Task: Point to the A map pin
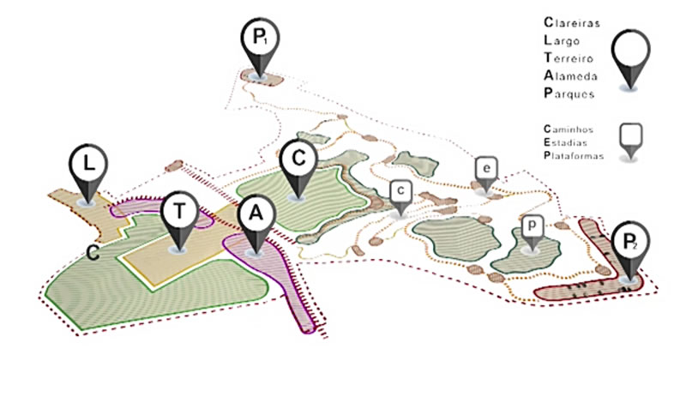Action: pos(254,215)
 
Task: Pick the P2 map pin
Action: pos(630,244)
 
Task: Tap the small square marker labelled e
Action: pos(486,169)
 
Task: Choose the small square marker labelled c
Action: pos(400,191)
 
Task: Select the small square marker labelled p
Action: pos(533,226)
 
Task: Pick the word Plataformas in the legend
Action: pos(571,156)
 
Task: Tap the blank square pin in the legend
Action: pos(631,135)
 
